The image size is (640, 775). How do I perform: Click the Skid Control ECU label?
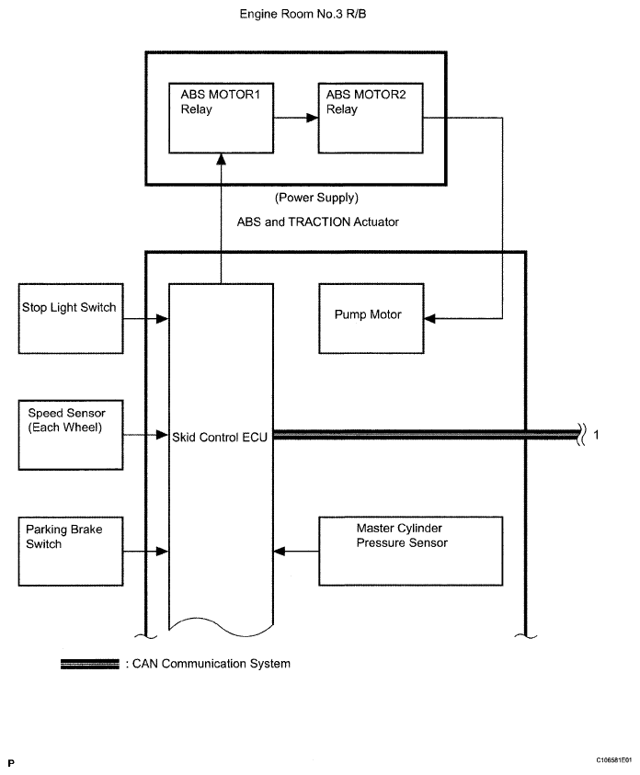coord(220,438)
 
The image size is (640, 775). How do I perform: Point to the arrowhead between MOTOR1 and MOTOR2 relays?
coord(313,118)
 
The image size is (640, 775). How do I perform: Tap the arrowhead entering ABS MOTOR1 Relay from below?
coord(221,159)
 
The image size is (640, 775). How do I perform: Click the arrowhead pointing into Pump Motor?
coord(430,318)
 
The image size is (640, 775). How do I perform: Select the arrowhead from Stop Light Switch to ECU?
coord(163,319)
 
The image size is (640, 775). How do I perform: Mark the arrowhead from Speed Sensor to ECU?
coord(163,435)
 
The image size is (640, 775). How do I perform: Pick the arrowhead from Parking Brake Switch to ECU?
coord(163,551)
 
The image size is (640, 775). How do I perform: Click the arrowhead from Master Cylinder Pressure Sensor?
coord(280,551)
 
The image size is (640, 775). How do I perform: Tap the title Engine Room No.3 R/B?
coord(303,14)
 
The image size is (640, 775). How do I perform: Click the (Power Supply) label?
coord(317,198)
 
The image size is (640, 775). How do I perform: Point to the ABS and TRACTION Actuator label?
coord(318,222)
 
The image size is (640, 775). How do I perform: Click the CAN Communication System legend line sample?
coord(90,664)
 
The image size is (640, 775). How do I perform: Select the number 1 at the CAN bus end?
coord(596,435)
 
